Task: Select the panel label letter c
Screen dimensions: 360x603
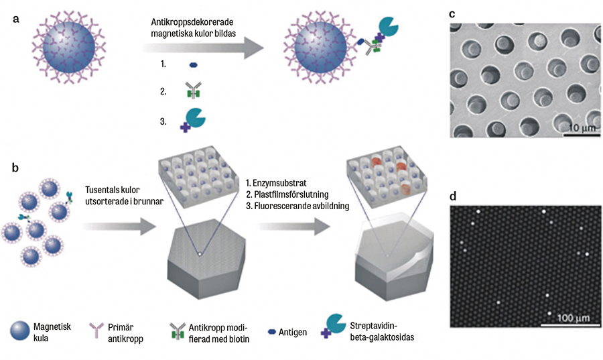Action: pos(452,14)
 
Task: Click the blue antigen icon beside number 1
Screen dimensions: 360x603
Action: pos(194,65)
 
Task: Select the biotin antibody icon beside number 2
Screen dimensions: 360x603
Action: pos(193,91)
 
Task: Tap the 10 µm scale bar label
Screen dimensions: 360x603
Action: pos(578,127)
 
